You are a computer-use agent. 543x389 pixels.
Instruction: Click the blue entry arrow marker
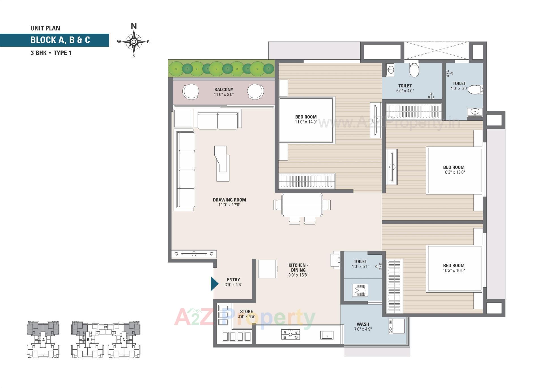[x=214, y=284]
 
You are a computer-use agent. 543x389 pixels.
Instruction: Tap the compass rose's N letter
[x=134, y=26]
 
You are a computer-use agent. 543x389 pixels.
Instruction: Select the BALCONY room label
[x=223, y=89]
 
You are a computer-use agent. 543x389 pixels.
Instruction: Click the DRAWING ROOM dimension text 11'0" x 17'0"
[x=229, y=205]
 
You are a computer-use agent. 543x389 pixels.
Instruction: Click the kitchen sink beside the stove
[x=327, y=336]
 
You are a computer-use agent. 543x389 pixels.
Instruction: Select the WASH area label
[x=363, y=324]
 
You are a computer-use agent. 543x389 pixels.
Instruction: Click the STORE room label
[x=246, y=311]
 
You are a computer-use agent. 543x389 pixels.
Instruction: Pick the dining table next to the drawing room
[x=302, y=205]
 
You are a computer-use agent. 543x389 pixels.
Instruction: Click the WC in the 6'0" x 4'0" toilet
[x=414, y=70]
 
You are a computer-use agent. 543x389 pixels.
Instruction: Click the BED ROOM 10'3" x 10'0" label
[x=454, y=267]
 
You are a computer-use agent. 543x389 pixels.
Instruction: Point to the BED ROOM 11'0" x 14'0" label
[x=306, y=119]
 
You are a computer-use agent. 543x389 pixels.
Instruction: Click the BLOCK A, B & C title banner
[x=60, y=40]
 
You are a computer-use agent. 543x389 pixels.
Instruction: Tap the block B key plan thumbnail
[x=88, y=340]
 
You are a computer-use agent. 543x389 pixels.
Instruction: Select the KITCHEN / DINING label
[x=298, y=267]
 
